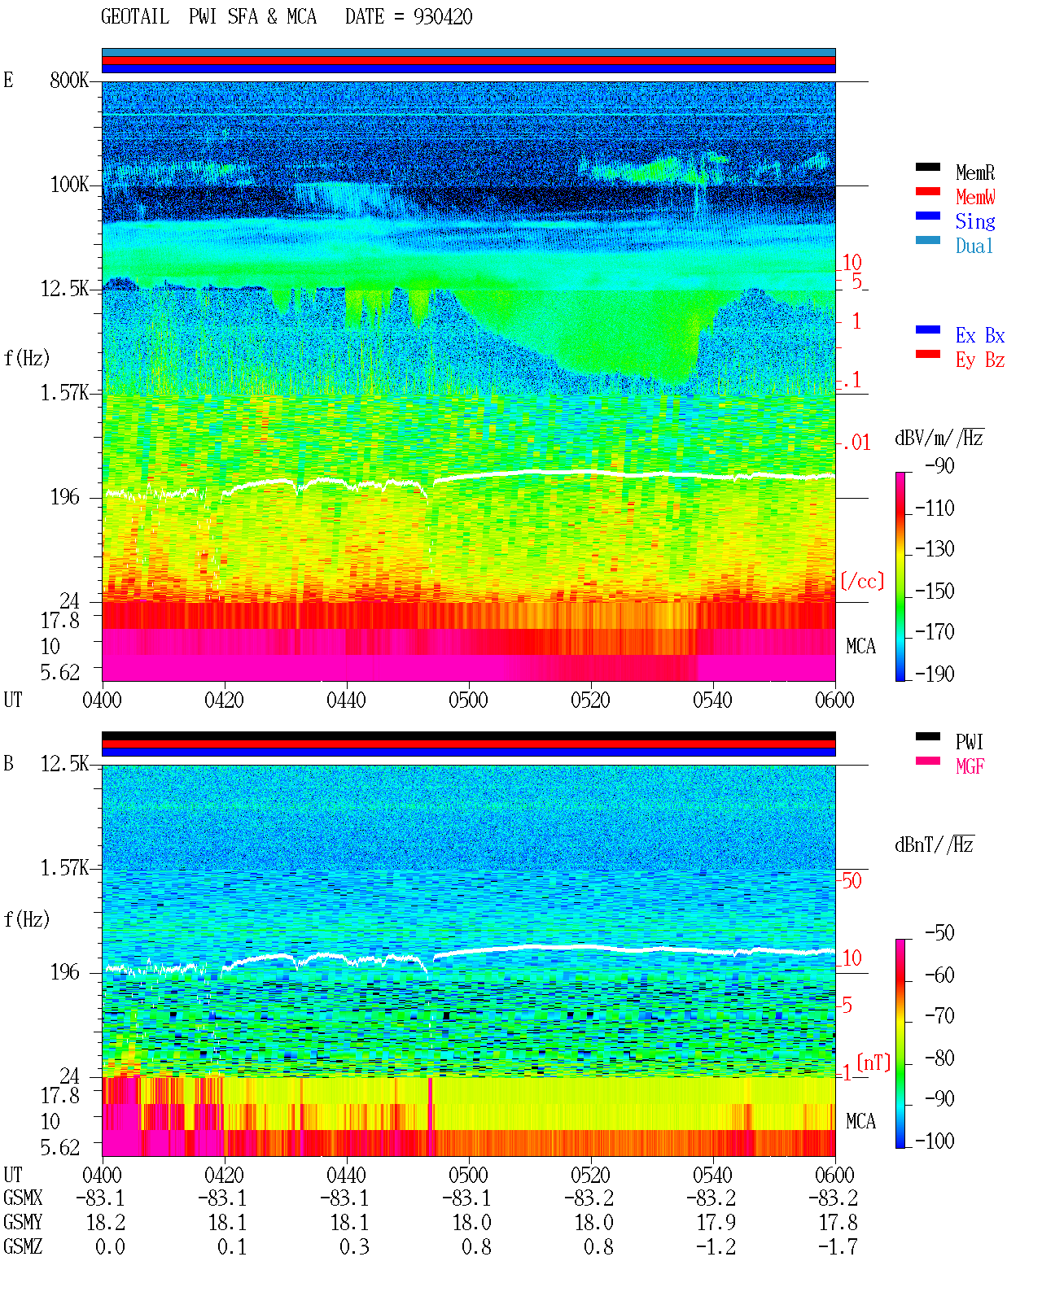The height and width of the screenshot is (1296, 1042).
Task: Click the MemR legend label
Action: coord(974,172)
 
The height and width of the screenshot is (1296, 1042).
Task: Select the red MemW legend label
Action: coord(975,197)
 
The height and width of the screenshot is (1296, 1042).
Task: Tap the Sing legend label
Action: coord(974,221)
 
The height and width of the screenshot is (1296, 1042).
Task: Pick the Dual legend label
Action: coord(974,246)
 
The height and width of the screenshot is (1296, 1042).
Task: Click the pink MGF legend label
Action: coord(970,766)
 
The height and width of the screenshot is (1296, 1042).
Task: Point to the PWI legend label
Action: coord(969,742)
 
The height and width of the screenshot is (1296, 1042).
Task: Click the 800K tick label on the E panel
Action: coord(69,80)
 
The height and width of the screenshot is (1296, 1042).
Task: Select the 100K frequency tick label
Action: coord(69,185)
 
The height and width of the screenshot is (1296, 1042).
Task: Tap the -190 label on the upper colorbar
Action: coord(935,674)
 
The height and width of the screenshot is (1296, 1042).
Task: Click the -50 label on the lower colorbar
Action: coord(939,933)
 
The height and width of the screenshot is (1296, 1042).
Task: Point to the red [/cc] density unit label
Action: coord(862,581)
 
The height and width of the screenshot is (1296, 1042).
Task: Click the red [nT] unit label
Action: coord(873,1063)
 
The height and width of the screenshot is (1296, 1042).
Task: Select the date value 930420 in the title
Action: coord(442,17)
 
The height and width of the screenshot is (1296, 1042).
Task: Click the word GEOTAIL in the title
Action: coord(135,17)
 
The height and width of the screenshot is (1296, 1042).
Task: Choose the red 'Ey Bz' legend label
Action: coord(980,360)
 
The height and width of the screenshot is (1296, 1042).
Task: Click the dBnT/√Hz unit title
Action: coord(935,845)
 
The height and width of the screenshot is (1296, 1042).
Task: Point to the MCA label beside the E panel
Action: coord(860,646)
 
